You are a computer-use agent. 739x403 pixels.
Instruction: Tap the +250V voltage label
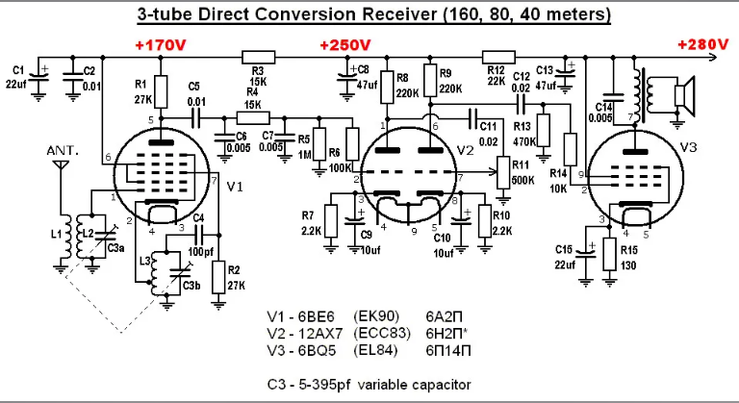pos(345,45)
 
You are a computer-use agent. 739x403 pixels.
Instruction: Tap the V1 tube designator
pos(234,188)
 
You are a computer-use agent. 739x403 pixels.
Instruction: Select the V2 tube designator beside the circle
pos(466,150)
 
